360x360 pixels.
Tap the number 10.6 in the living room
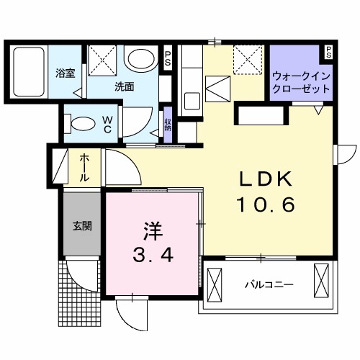266,206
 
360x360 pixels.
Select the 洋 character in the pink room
152,232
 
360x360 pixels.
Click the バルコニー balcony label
269,285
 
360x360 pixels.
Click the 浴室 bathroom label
66,72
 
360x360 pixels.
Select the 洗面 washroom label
125,86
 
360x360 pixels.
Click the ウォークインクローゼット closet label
302,81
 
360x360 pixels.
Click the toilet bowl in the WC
81,123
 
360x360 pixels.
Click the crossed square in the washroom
102,57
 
